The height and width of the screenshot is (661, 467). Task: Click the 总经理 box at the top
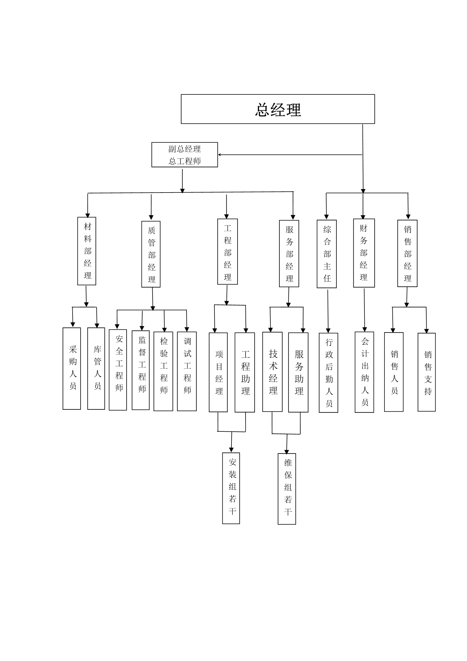[278, 109]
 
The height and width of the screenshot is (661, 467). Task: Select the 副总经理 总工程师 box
[184, 155]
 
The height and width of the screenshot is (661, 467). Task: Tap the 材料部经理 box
[87, 251]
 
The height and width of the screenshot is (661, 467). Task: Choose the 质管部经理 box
[151, 254]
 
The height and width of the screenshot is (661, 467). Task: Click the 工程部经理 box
[227, 252]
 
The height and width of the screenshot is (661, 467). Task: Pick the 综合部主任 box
[327, 254]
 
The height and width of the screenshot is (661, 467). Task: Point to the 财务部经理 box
[364, 253]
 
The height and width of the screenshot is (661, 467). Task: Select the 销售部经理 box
[407, 253]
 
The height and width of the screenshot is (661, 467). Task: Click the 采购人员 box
[72, 368]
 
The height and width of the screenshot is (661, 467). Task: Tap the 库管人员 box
[96, 368]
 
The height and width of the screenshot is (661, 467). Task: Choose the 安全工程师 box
[118, 370]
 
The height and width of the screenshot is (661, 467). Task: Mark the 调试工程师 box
[187, 371]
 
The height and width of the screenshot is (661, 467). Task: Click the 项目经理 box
[218, 372]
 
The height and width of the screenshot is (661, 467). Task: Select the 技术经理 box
[272, 372]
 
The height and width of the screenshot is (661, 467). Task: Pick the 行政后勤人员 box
[328, 373]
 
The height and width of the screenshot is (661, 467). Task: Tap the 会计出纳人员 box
[364, 372]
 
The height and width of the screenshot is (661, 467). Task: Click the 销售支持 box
[426, 372]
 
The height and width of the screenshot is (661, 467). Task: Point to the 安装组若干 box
[231, 488]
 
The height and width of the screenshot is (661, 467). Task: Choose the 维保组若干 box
[286, 489]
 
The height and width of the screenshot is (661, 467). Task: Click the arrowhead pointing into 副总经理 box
[219, 155]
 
